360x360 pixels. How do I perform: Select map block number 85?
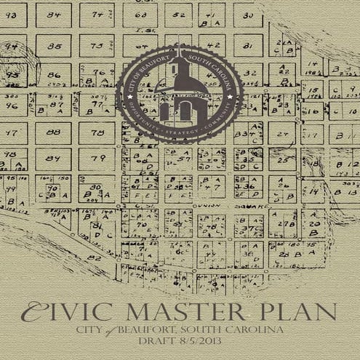point(54,46)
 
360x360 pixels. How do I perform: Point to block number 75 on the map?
point(97,46)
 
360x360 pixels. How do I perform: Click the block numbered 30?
point(248,15)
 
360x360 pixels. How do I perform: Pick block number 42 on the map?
point(210,45)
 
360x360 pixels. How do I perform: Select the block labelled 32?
point(248,73)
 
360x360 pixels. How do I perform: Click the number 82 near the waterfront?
point(92,257)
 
